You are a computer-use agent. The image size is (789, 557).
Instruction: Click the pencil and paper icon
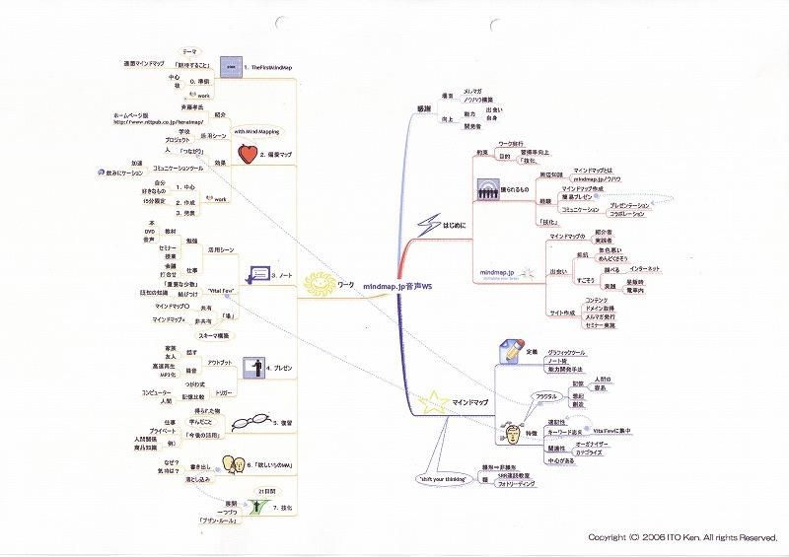click(x=511, y=351)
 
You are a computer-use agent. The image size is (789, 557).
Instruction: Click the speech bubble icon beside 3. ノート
click(x=260, y=273)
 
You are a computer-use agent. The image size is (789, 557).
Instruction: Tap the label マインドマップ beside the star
click(x=471, y=403)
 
